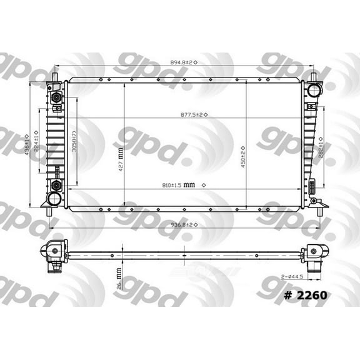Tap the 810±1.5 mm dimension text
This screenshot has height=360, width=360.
178,185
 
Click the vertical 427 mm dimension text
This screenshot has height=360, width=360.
121,159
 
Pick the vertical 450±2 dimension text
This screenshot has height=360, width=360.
242,152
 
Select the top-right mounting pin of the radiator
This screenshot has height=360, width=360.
312,76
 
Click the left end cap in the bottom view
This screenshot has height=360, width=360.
52,253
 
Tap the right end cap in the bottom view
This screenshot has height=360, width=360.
314,253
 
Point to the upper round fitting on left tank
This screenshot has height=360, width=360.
57,98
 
